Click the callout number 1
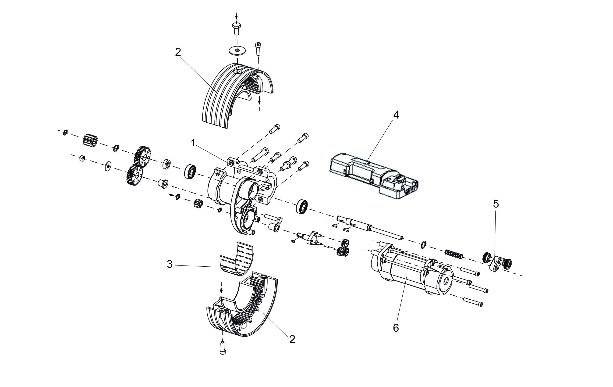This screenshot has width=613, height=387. coord(193,143)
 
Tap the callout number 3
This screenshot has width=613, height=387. coord(170,265)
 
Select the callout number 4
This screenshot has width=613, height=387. coord(396,115)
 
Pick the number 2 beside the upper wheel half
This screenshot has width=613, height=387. coord(178,52)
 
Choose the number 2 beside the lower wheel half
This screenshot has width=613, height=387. coord(292,339)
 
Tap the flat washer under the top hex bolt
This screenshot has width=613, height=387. coord(237,50)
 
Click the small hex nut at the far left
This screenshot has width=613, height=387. coord(82,158)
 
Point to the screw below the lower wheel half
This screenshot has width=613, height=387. coord(223,348)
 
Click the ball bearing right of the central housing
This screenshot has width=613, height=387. coord(302,206)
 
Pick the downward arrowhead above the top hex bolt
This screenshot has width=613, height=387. coord(237,17)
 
